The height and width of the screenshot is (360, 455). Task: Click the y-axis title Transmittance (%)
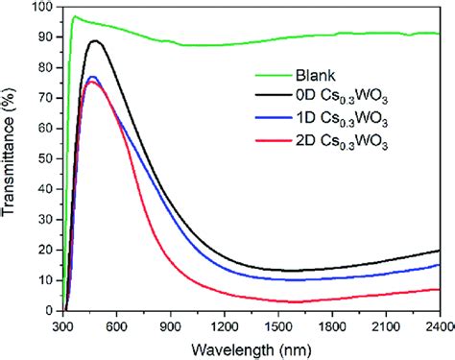(12, 158)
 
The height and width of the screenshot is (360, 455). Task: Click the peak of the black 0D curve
(94, 41)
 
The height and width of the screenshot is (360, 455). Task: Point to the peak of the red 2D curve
(90, 82)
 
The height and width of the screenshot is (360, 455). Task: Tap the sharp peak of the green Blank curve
(74, 16)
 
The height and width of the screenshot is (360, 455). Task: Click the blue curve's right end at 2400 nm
(439, 265)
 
